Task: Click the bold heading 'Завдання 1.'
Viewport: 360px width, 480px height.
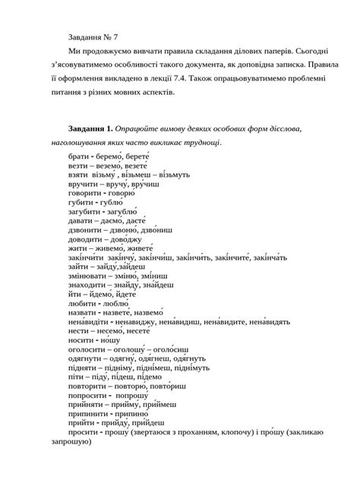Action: tap(85, 130)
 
